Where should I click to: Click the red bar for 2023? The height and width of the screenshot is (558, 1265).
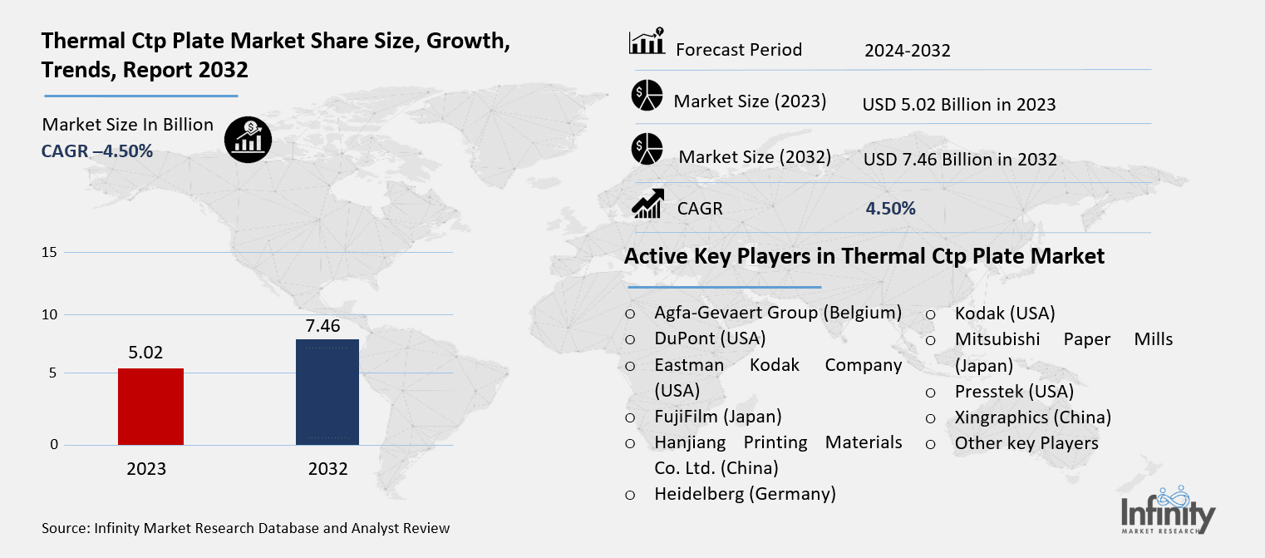150,406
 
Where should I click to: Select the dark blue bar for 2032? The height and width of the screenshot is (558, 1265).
327,391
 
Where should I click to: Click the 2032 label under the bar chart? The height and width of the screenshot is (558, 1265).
327,469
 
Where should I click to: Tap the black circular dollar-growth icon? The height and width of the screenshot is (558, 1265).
248,138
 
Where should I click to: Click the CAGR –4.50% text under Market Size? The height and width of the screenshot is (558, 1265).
97,151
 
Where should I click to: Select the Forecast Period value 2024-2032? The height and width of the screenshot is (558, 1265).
907,51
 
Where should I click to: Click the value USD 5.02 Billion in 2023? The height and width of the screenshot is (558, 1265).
959,105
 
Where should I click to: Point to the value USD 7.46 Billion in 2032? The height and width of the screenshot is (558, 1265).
960,159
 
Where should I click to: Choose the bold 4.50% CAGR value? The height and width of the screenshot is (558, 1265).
890,209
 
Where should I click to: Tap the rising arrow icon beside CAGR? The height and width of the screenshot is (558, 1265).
647,204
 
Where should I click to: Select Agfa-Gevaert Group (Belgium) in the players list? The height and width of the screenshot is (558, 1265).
778,314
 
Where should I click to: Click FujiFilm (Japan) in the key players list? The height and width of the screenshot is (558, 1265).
718,416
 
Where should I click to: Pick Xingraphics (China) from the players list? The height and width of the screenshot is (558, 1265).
1032,417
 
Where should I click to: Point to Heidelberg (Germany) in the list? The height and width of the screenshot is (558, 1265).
745,494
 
